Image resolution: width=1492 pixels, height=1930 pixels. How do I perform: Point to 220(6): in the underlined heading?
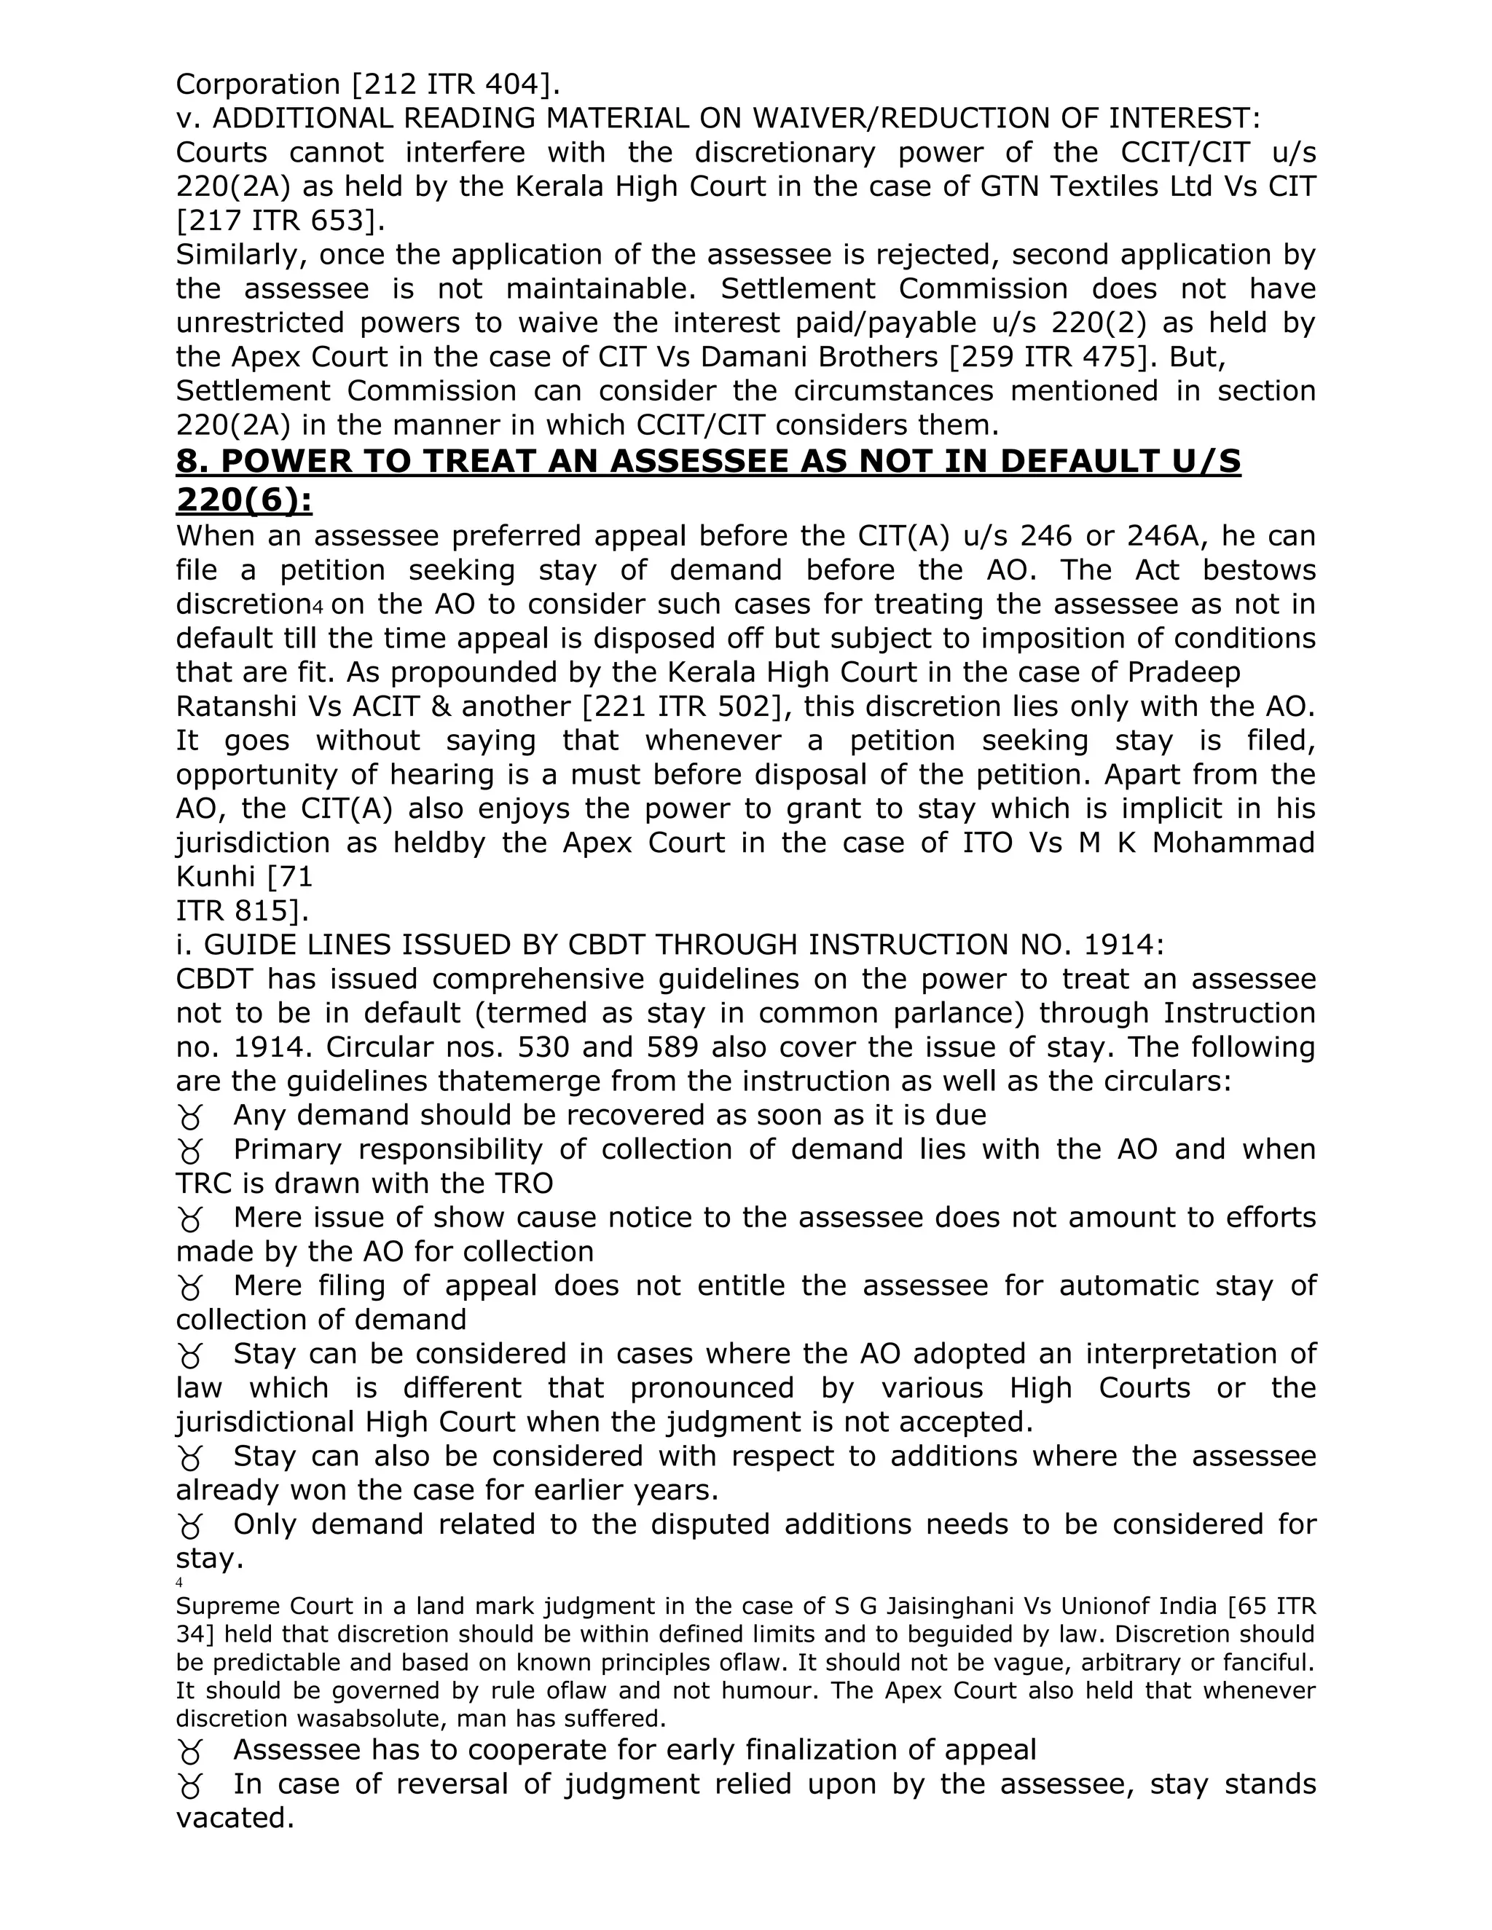(244, 500)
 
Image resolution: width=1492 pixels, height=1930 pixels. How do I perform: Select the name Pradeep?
(1184, 672)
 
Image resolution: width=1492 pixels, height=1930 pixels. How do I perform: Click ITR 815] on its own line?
(242, 911)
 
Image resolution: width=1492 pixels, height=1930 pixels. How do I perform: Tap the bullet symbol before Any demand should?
(189, 1118)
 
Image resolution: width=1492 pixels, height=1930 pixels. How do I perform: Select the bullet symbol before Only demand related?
(189, 1526)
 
